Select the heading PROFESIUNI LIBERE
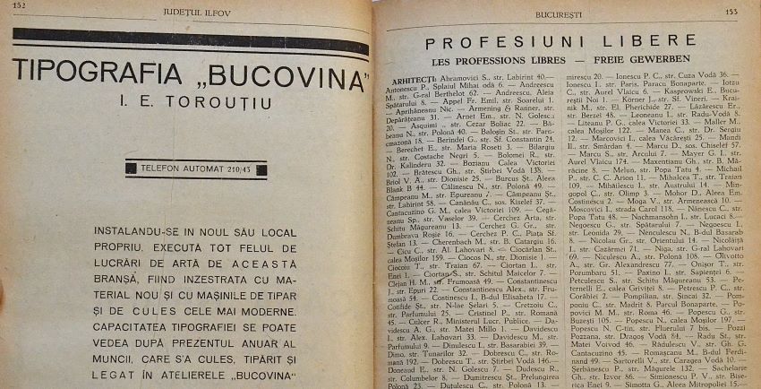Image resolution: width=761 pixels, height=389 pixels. pos(560,41)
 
